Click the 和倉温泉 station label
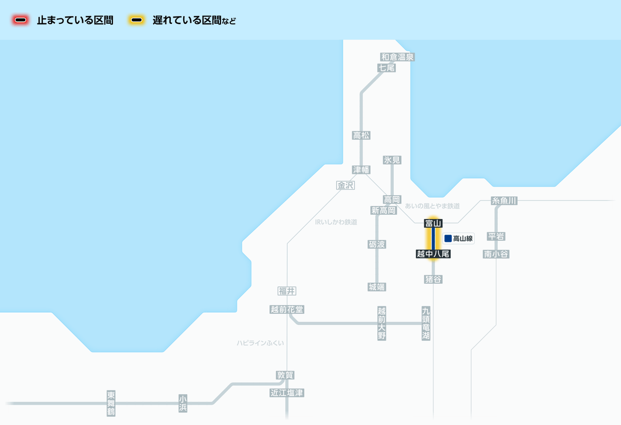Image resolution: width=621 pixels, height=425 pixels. coord(397,57)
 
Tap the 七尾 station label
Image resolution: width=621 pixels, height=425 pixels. coord(387,68)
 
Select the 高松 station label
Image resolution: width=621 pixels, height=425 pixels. coord(361,136)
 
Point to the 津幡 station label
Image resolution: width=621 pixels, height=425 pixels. coord(361,170)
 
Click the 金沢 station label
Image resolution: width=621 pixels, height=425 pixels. coord(345,185)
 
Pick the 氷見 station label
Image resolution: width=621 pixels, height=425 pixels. coord(392,160)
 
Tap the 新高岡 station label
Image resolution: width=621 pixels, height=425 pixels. coord(383,210)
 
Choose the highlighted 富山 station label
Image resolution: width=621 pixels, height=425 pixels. coord(433,223)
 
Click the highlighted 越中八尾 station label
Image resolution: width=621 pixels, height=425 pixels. coord(433,254)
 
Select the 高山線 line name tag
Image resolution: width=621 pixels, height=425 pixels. coord(459,239)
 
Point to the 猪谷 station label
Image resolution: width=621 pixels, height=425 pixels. coord(433,279)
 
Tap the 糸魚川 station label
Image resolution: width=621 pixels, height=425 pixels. coord(504,201)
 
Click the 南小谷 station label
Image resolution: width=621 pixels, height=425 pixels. coord(496,254)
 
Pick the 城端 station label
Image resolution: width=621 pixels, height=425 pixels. coord(377,287)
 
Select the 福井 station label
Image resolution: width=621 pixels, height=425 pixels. coord(287,291)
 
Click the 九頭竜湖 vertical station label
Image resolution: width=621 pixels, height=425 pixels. coord(426,324)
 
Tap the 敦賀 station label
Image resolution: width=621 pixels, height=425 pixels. coord(285,375)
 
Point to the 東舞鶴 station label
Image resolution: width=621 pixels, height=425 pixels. coord(111,403)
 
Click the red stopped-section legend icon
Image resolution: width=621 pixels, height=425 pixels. coord(21,20)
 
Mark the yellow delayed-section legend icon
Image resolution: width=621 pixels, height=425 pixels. coord(137,20)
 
